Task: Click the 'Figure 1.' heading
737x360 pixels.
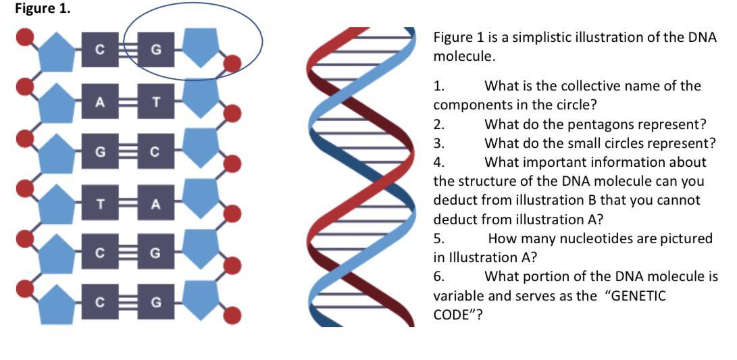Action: click(x=43, y=9)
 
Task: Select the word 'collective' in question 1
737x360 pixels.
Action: click(x=594, y=86)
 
